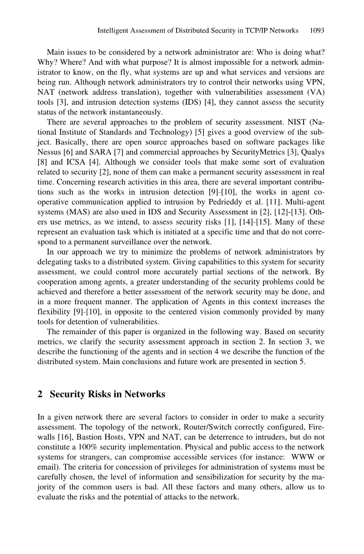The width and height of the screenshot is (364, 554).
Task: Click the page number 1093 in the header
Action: click(317, 30)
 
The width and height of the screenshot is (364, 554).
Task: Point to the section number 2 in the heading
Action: click(40, 395)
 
